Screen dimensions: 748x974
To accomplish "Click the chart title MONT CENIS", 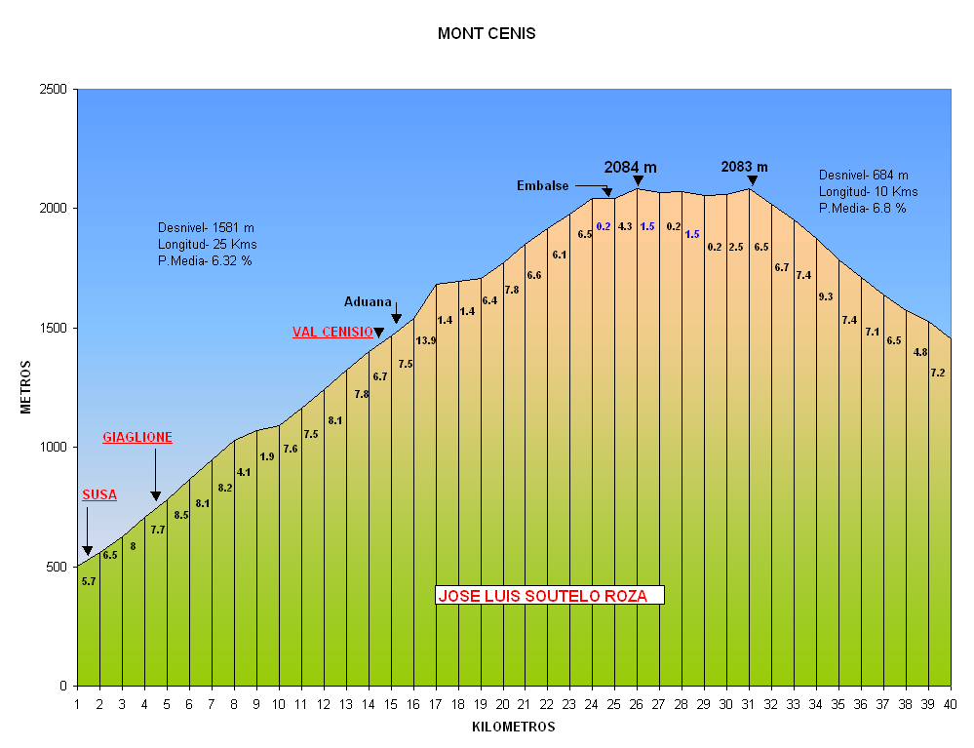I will click(487, 34).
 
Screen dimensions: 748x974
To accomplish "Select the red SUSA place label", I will click(99, 495).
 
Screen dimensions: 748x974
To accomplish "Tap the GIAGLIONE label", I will click(137, 439).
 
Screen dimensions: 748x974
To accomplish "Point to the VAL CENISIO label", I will click(332, 333).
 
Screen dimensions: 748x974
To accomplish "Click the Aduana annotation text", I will click(368, 302).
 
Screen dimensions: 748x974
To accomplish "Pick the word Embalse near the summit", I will click(543, 186).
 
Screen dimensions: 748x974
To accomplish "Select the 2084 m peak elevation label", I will click(630, 167).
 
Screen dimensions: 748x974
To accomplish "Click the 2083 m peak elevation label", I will click(745, 167).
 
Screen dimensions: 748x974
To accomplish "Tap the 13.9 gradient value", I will click(426, 340).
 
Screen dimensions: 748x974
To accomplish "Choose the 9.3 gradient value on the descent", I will click(826, 296).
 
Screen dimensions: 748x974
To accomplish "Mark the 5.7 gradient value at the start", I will click(89, 581).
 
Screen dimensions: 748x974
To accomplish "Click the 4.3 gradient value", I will click(625, 226).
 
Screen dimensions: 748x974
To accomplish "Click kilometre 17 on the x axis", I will click(436, 704).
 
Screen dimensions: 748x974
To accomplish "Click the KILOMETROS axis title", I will click(513, 727).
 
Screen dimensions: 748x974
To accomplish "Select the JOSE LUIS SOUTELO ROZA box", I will click(549, 595).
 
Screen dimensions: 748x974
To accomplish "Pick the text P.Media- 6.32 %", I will click(205, 260).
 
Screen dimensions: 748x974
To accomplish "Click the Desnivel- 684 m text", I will click(864, 175).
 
